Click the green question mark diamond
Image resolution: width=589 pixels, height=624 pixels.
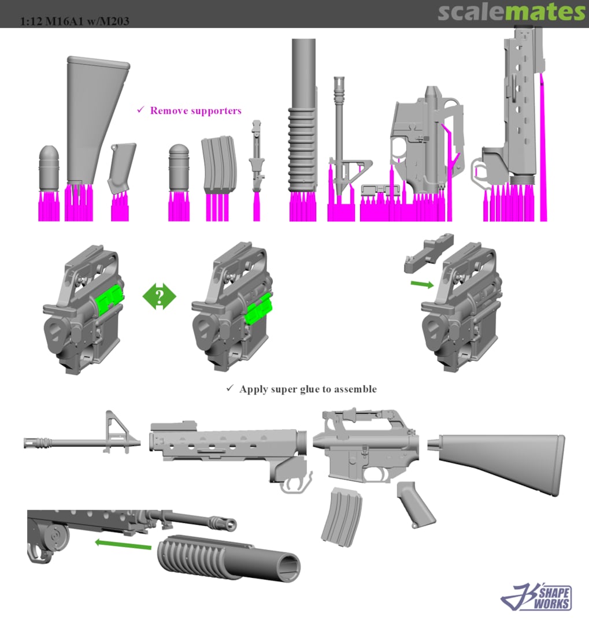coord(160,296)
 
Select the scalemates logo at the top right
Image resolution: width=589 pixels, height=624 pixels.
coord(512,12)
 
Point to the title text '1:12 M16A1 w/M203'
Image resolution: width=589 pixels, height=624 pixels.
coord(75,21)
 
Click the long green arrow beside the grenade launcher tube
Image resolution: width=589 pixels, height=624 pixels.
coord(123,544)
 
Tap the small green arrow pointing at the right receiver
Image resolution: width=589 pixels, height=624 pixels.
coord(422,284)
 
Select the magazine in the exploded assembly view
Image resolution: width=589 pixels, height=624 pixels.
coord(342,516)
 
